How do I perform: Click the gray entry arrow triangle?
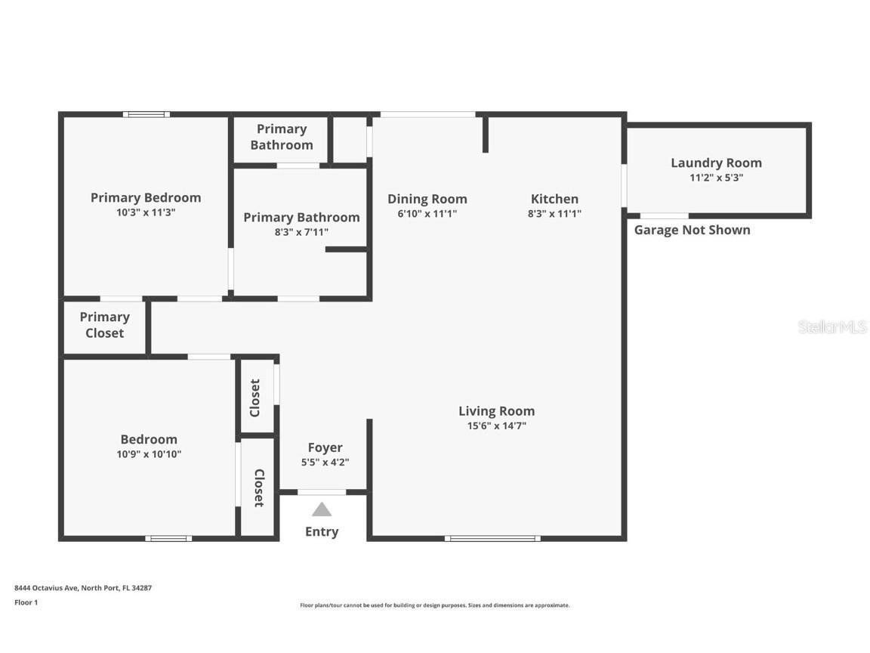(322, 510)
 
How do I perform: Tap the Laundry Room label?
(716, 162)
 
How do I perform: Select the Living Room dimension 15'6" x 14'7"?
(496, 426)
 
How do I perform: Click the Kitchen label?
(554, 199)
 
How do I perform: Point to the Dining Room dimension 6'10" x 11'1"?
(427, 214)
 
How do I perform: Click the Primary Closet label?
(104, 325)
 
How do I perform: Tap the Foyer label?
(325, 447)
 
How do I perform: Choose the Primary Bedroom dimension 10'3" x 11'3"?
(145, 212)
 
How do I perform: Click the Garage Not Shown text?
(692, 230)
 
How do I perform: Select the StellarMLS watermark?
(832, 326)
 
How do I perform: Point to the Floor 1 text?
(26, 602)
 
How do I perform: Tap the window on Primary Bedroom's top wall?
(147, 114)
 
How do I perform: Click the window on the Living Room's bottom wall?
(492, 538)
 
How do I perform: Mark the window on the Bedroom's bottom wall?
(168, 538)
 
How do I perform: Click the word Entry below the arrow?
(322, 531)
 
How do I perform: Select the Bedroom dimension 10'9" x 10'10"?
(149, 454)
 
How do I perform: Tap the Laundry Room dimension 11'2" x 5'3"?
(716, 178)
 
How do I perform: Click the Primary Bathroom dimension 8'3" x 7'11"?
(301, 233)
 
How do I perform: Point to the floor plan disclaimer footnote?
(435, 605)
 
